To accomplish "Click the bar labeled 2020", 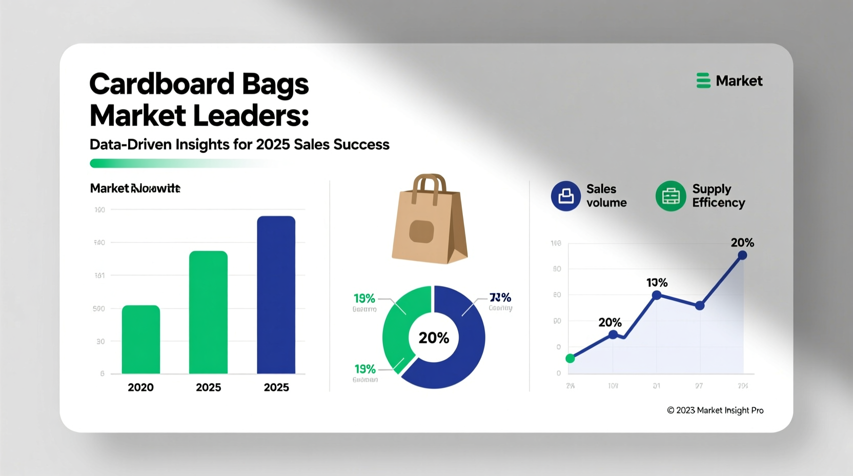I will pos(141,340).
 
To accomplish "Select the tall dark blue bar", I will pos(276,295).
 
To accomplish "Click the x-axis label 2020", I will pos(140,387).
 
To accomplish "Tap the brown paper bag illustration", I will pos(429,226).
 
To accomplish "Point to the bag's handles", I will pos(429,186).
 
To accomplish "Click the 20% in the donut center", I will pos(434,338).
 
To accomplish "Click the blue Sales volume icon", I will pos(565,196).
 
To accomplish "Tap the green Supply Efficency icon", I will pos(671,196).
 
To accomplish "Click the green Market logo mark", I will pos(703,81).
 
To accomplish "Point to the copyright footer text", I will pos(715,410).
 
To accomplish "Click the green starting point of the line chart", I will pos(570,359).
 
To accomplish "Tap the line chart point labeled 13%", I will pos(656,295).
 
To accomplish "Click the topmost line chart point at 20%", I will pos(742,255).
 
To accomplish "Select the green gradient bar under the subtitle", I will pos(174,163).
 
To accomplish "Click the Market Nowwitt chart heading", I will pos(135,188).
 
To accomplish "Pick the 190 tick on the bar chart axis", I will pos(100,210).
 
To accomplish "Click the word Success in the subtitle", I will pos(361,145).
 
